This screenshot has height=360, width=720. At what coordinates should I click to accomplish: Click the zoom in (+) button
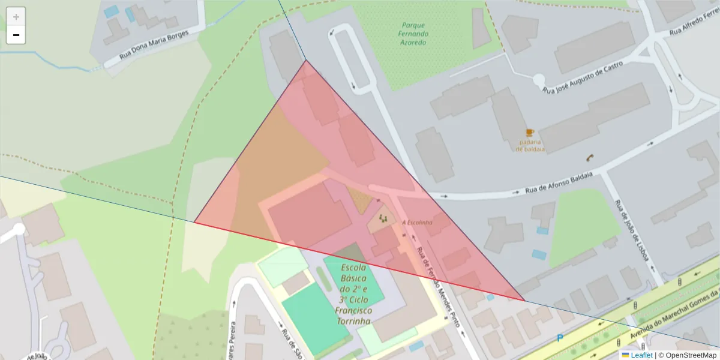pos(16,17)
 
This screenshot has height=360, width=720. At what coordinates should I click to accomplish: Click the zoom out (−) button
pos(16,35)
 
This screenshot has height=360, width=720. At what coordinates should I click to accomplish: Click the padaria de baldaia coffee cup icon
pos(530,133)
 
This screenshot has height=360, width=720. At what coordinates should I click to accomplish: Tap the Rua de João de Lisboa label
pos(632,230)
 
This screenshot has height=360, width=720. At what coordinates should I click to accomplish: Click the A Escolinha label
pos(417,223)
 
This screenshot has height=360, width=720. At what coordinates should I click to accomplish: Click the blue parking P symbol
pos(560,338)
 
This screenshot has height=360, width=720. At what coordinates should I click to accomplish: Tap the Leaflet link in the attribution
pos(641,355)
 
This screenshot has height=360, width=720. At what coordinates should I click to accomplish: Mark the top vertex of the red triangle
pos(306,60)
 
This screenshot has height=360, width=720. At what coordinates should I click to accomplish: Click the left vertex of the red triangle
pos(194,222)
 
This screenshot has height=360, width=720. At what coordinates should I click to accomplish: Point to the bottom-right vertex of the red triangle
pos(524,301)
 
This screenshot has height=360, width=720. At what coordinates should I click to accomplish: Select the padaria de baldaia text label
pos(530,146)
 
